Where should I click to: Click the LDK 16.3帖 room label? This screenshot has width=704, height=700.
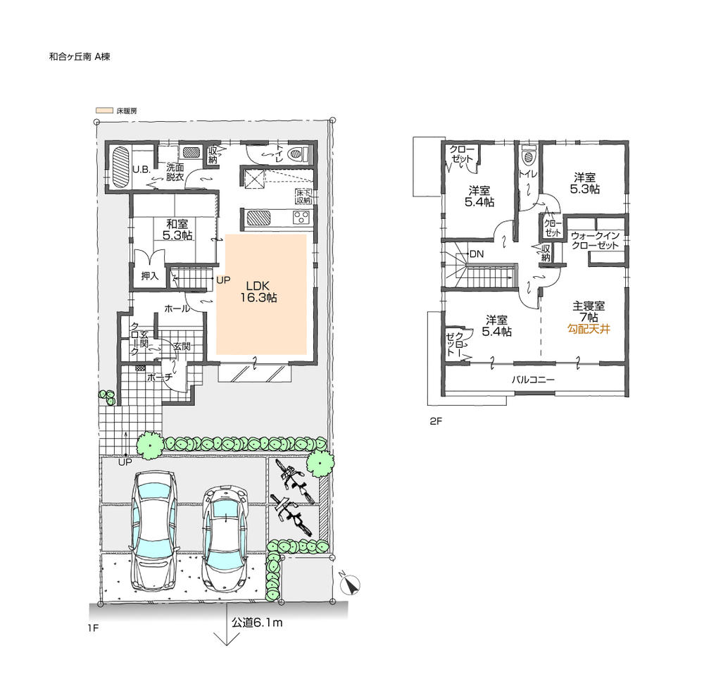261,292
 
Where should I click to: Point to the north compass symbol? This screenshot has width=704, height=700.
350,583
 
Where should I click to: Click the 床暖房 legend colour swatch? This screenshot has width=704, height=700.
104,111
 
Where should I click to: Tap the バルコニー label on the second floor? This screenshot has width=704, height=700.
533,380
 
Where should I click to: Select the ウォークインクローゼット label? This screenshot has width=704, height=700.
594,240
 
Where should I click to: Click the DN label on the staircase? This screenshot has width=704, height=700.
476,254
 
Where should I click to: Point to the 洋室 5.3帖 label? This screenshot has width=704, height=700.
585,184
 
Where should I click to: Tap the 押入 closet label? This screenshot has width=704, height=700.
149,275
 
